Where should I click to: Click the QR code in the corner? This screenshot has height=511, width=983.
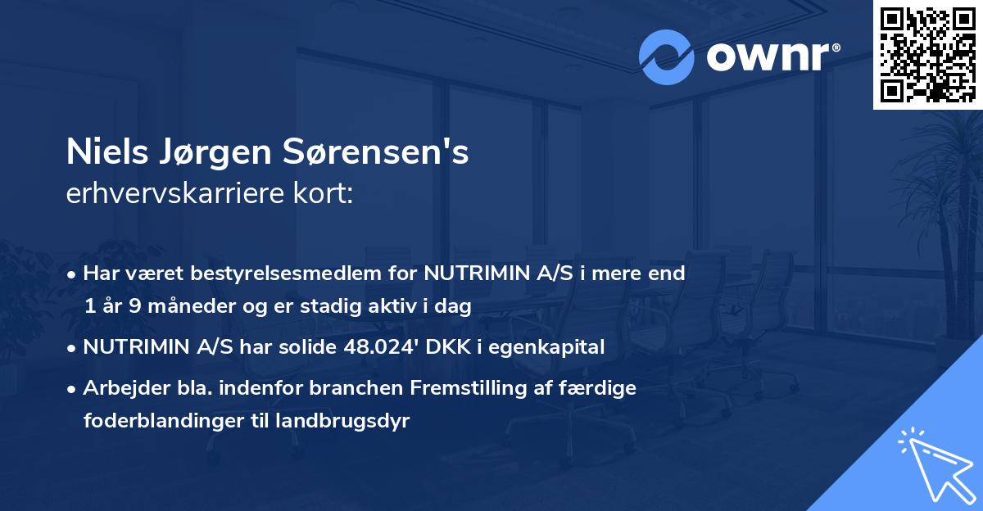click(x=928, y=54)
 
